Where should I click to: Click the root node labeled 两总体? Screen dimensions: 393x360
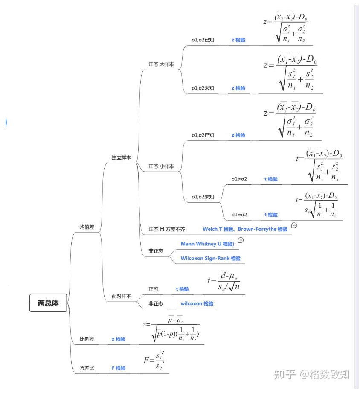click(48, 303)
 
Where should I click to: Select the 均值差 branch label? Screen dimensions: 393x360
click(87, 227)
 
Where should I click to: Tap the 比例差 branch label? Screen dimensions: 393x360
click(87, 339)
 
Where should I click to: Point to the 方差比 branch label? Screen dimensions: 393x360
click(87, 368)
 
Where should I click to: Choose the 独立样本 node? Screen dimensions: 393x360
click(121, 157)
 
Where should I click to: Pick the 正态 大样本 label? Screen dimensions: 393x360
click(161, 64)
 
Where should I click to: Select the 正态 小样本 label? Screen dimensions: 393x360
click(161, 166)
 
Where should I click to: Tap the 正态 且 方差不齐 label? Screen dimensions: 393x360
click(167, 229)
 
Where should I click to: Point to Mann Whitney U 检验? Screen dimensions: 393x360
click(207, 244)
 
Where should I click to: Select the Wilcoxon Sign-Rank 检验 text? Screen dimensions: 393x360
click(210, 258)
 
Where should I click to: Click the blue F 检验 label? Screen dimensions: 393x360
click(119, 368)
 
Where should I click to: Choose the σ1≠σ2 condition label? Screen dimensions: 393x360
click(239, 179)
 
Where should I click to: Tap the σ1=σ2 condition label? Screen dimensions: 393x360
click(239, 215)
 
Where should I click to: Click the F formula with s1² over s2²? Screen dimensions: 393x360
click(154, 361)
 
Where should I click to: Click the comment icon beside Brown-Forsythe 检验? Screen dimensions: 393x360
click(294, 225)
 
